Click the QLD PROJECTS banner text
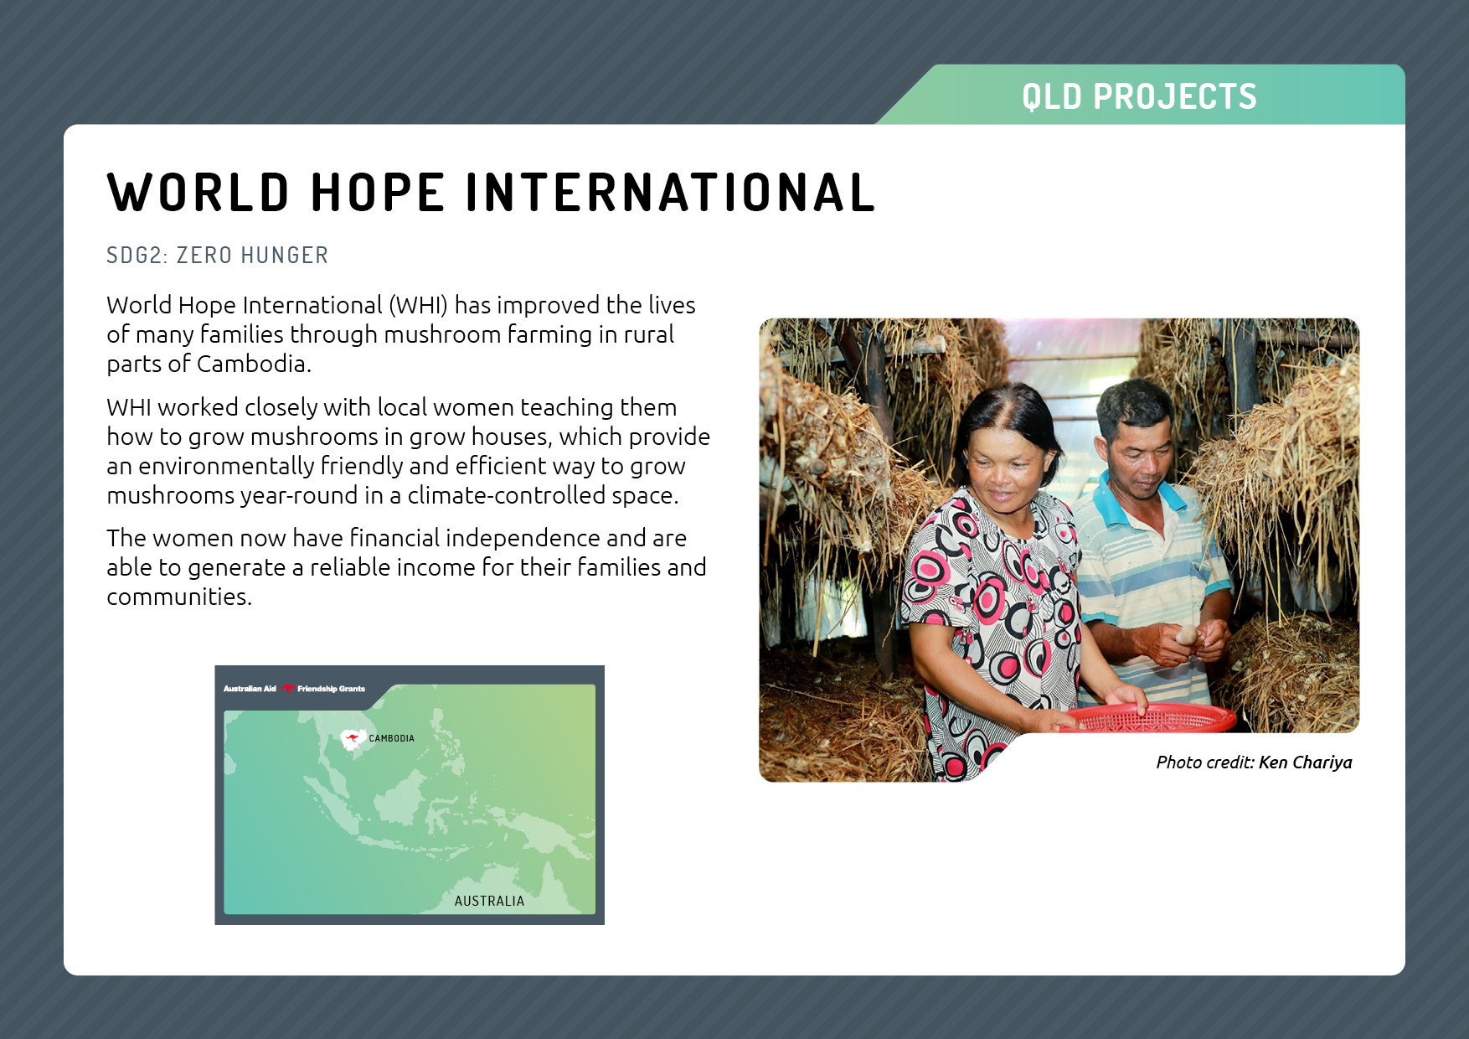[1139, 96]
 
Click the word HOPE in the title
[378, 193]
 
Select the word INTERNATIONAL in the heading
[671, 193]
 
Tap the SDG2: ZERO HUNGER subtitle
[218, 255]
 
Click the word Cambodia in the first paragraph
[254, 364]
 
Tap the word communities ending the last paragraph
[179, 597]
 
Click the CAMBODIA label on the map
[392, 738]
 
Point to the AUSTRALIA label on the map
[489, 901]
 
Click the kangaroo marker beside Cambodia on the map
[352, 738]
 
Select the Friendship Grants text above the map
[332, 689]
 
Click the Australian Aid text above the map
[250, 689]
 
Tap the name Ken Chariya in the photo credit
[1305, 762]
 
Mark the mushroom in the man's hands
[1187, 636]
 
